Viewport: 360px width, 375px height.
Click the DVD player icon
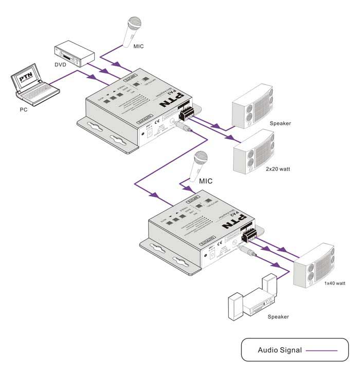(75, 54)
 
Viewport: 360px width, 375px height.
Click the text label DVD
(61, 65)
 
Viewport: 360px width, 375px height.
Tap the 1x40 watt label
(334, 283)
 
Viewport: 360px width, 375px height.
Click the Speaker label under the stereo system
(278, 317)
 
